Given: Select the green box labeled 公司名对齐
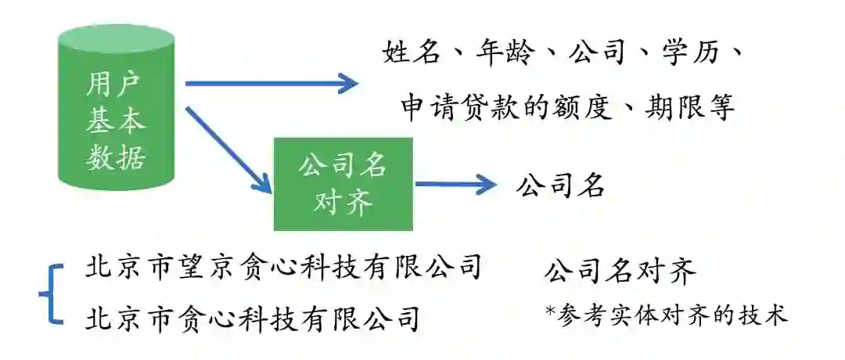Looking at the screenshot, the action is (x=343, y=184).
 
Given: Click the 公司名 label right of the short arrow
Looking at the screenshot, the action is (x=561, y=185).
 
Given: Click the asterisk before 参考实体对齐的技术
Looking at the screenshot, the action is (x=550, y=310).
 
